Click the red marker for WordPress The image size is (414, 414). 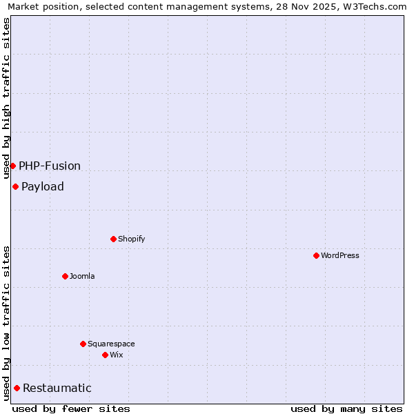click(x=316, y=255)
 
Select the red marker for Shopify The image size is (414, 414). click(x=113, y=239)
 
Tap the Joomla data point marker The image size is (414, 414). click(x=65, y=276)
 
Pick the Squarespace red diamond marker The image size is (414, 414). click(x=83, y=344)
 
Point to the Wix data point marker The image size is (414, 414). click(x=105, y=355)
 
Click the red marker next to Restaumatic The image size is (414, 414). click(x=17, y=388)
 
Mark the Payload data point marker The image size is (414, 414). click(x=15, y=186)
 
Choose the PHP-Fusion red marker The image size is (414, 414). click(x=12, y=166)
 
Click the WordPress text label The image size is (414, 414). click(x=340, y=255)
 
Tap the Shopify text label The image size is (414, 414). click(x=132, y=239)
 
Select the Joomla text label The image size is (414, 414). click(x=82, y=276)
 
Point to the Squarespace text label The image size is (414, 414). click(x=111, y=344)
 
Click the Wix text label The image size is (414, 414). click(x=117, y=355)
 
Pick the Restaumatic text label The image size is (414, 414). click(x=57, y=388)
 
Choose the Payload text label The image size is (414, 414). click(x=43, y=186)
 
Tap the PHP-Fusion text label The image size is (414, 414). click(x=50, y=166)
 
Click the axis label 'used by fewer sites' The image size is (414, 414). click(x=71, y=408)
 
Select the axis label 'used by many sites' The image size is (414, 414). click(x=346, y=408)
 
